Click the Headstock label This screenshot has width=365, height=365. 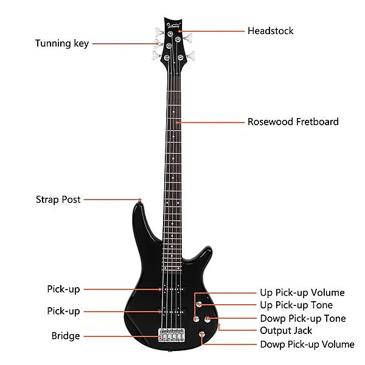(x=270, y=31)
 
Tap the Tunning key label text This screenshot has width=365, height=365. (x=62, y=44)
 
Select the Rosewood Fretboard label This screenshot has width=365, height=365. (x=293, y=122)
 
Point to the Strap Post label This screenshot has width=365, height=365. (x=58, y=200)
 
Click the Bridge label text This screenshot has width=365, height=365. (x=66, y=336)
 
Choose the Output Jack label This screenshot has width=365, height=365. (x=286, y=331)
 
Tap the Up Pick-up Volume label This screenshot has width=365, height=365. (x=302, y=293)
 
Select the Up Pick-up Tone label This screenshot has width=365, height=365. (x=296, y=305)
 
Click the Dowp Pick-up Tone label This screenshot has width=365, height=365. (x=303, y=318)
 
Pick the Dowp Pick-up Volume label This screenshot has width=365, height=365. (x=307, y=344)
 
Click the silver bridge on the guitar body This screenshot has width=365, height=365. (x=172, y=335)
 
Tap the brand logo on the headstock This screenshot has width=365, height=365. (x=173, y=26)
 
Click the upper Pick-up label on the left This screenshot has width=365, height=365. (x=63, y=290)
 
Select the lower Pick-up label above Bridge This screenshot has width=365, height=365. (x=63, y=311)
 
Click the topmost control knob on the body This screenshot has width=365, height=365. (x=199, y=304)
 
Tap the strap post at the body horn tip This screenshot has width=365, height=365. (x=139, y=201)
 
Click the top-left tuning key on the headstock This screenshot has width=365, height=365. (x=159, y=32)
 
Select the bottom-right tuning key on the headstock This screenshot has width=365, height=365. (x=190, y=56)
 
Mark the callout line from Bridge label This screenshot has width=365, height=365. (x=122, y=336)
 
